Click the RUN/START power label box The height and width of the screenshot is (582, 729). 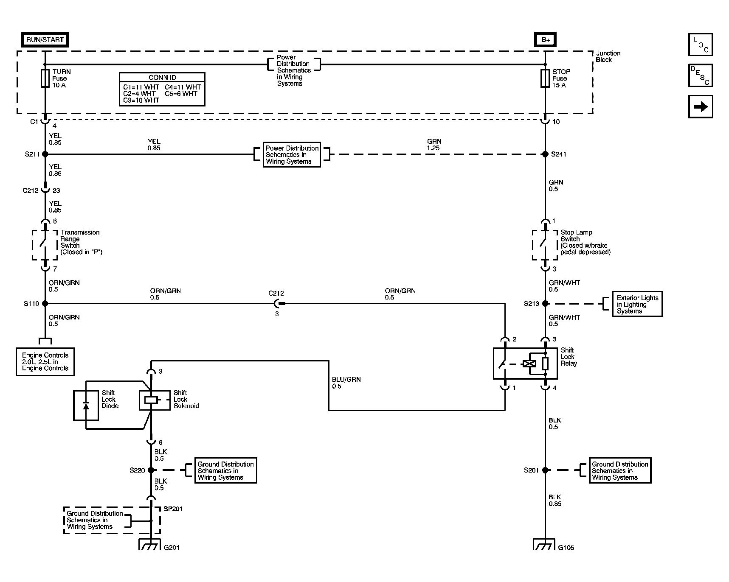(x=45, y=40)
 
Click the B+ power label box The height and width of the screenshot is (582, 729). (x=545, y=40)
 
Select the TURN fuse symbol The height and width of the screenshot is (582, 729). (x=45, y=78)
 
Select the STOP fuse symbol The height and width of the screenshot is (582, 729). (x=545, y=78)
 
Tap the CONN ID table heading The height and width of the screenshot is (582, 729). (x=162, y=78)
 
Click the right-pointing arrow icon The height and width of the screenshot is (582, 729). (x=700, y=106)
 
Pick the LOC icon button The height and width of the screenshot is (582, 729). (x=700, y=45)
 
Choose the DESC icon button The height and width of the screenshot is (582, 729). (x=700, y=76)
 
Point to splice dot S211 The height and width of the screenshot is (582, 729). (x=45, y=154)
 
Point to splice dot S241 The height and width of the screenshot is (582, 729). (x=545, y=154)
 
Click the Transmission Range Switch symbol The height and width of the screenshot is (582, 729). (x=45, y=245)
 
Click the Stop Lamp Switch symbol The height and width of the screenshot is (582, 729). (x=545, y=245)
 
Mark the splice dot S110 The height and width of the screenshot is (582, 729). (x=45, y=304)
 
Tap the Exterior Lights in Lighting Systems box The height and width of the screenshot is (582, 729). (x=637, y=304)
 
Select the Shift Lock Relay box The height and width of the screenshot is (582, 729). (x=525, y=364)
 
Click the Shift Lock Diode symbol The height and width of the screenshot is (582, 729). (x=86, y=406)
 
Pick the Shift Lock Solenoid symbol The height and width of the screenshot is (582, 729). (x=151, y=400)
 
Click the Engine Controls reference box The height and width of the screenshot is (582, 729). (x=45, y=362)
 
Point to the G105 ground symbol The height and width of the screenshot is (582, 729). (x=544, y=545)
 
